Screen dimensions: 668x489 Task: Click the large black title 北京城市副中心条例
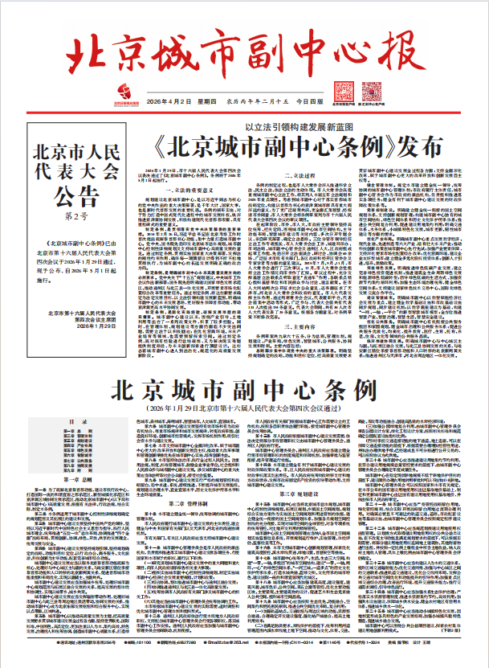pyautogui.click(x=244, y=391)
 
